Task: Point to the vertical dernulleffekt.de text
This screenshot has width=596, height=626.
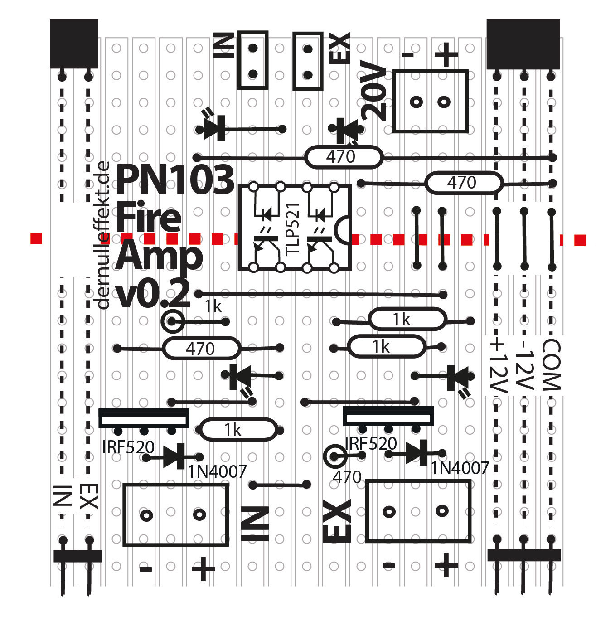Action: coord(103,235)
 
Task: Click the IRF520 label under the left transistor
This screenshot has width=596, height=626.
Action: coord(128,447)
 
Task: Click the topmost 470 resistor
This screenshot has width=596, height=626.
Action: coord(343,157)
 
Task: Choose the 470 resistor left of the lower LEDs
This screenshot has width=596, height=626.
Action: coord(201,349)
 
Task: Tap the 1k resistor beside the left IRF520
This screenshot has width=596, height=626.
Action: coord(238,430)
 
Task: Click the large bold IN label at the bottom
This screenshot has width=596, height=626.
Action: coord(255,524)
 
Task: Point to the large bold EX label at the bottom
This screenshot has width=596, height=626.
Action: coord(337,521)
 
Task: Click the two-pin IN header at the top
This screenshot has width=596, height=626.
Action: coord(253,60)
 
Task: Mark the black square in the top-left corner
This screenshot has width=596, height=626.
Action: coord(74,44)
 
